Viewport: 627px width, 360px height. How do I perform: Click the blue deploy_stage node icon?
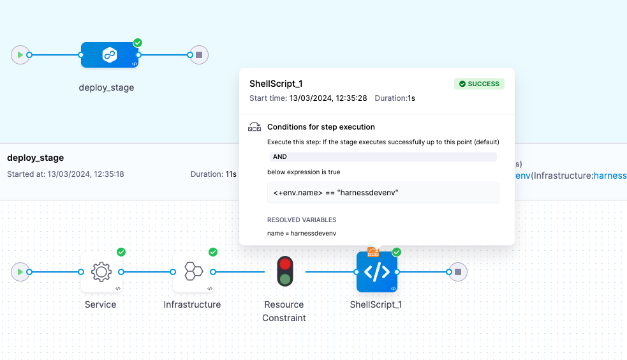coord(110,55)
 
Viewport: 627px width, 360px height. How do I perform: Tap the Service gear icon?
coord(101,272)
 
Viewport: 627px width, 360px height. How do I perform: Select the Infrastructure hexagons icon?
coord(193,272)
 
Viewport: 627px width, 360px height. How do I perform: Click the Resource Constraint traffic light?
coord(284,271)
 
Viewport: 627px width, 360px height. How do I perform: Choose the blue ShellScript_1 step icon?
coord(376,272)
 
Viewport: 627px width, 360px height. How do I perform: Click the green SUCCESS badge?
coord(479,84)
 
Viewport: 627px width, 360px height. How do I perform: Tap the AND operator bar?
coord(382,157)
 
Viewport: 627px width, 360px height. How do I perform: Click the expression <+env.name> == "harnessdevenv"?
coord(336,193)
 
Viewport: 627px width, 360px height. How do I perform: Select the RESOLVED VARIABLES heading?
coord(301,220)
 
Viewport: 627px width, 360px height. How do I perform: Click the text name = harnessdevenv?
coord(302,234)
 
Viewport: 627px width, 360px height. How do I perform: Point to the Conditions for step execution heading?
coord(321,127)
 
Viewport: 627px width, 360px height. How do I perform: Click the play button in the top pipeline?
coord(20,55)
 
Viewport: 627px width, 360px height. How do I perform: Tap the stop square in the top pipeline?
coord(199,55)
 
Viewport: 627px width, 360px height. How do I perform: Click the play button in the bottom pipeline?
coord(20,272)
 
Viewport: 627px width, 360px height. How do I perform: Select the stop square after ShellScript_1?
coord(458,272)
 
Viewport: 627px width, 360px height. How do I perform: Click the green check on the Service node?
coord(121,252)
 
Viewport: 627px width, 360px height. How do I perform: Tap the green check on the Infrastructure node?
coord(213,252)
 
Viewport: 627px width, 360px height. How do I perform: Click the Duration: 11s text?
coord(213,174)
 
